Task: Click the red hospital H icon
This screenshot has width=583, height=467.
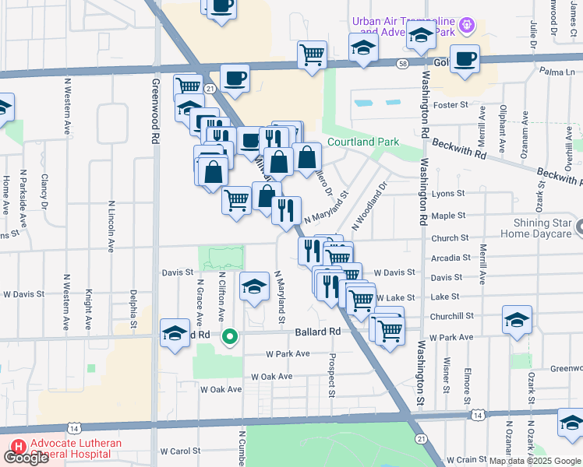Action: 18,449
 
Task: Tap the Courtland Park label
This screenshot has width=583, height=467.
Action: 362,142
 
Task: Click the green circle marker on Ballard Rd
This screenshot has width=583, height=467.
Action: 229,337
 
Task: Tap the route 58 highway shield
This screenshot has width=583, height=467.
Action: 401,64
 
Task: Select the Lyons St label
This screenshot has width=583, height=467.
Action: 447,193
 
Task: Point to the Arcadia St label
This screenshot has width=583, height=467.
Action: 450,258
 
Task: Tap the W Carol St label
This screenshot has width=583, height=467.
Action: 181,451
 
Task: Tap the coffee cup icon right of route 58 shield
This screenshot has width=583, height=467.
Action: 465,58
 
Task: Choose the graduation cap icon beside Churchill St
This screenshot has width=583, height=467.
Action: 517,320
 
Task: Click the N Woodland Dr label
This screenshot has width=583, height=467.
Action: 370,206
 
